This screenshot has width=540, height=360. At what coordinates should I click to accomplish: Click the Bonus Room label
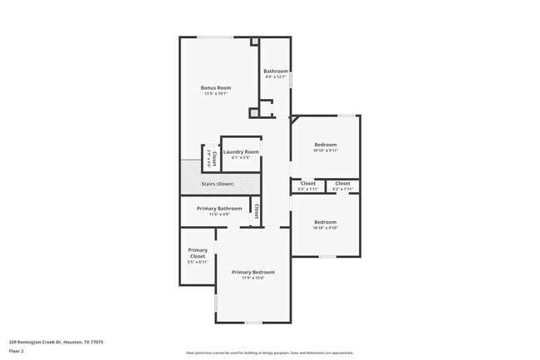216,87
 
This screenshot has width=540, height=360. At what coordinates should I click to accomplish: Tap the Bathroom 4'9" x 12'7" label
276,72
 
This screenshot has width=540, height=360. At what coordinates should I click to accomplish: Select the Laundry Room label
241,152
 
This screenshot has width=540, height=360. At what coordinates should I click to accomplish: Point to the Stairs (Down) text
218,184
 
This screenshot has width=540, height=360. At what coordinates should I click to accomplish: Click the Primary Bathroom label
219,208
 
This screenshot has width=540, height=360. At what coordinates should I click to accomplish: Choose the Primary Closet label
198,253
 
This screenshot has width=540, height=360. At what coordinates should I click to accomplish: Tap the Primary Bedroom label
253,272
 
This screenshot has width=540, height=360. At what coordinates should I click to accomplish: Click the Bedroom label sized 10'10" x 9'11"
325,145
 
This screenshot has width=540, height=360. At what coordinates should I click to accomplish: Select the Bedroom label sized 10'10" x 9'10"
325,222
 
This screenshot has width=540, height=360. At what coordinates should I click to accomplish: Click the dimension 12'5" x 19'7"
216,94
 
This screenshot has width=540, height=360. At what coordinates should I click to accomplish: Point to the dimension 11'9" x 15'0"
253,279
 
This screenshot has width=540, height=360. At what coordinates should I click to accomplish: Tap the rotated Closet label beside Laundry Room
214,157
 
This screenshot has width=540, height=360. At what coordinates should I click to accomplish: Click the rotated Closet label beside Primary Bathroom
257,211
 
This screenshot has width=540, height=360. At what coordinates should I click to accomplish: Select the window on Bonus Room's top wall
214,37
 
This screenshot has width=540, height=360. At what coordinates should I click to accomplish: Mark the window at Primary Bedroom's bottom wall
253,323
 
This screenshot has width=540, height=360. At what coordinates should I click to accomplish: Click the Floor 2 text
17,351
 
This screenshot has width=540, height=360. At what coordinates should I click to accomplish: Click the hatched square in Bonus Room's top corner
255,41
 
